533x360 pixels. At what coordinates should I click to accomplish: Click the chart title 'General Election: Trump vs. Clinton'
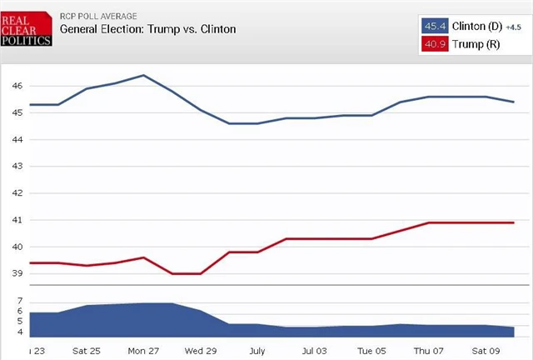click(147, 29)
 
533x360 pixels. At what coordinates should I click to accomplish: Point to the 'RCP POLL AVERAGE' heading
click(99, 15)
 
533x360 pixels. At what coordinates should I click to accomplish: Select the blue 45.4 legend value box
click(434, 26)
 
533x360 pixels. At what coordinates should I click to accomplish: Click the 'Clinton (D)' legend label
click(476, 26)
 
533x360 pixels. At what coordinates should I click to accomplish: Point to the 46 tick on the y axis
click(17, 86)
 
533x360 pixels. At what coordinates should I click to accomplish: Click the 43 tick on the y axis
click(17, 166)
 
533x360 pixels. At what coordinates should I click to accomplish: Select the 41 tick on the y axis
click(17, 220)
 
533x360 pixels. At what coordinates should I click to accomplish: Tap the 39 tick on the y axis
click(17, 273)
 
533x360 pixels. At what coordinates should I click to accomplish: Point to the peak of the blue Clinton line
click(143, 75)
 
